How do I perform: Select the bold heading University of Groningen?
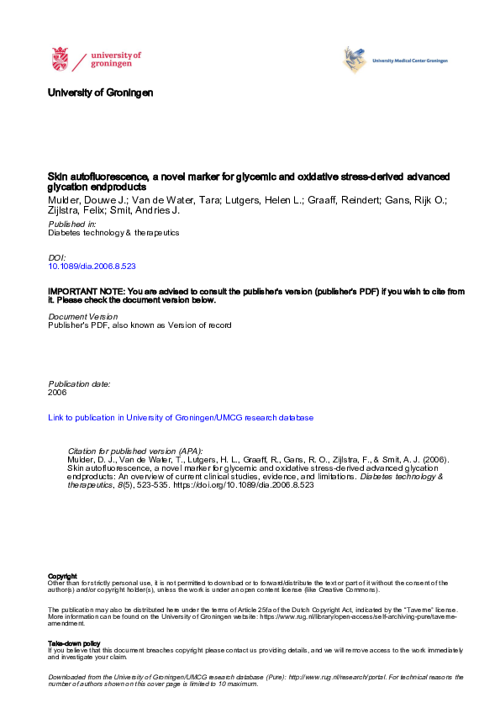pos(100,92)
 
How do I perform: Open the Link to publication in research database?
pos(181,417)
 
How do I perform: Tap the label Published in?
pos(71,225)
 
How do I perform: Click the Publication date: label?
pos(79,383)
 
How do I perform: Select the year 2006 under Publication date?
pos(57,392)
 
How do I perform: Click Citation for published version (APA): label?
pos(134,451)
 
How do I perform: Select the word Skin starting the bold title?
pos(56,177)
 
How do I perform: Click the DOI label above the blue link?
pos(56,257)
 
